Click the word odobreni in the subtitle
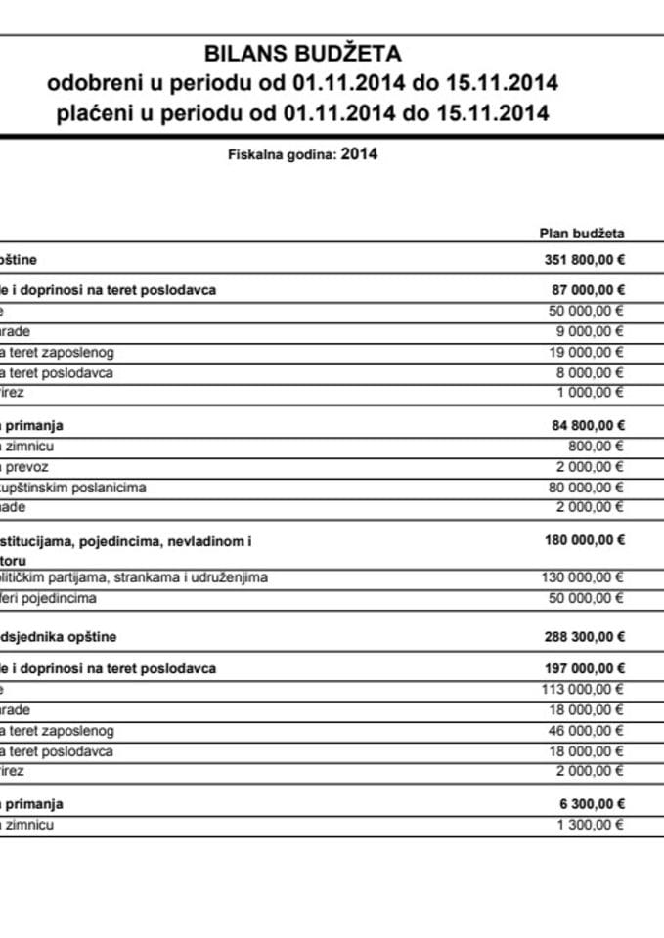click(89, 84)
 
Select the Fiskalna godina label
click(282, 154)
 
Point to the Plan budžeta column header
click(582, 234)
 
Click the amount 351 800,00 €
click(584, 260)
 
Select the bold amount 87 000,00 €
click(588, 290)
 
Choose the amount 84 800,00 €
click(588, 425)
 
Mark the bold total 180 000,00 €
click(584, 539)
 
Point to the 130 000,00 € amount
click(583, 577)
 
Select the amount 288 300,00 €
click(584, 637)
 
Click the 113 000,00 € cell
click(583, 689)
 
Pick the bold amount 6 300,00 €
click(591, 804)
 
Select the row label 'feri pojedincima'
click(48, 598)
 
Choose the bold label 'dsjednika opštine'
click(59, 637)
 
